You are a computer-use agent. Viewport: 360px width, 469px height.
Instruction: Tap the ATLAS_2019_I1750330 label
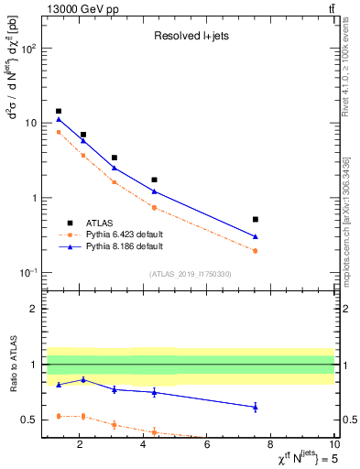tap(191, 274)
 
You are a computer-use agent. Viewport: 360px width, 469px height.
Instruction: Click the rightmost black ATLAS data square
tap(256, 219)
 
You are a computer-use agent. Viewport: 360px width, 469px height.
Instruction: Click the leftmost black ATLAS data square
tap(59, 111)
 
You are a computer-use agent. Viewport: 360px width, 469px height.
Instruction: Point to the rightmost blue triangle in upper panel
tap(256, 236)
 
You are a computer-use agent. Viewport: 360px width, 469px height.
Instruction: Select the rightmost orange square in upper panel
tap(256, 250)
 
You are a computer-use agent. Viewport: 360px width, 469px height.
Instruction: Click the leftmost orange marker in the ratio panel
tap(59, 416)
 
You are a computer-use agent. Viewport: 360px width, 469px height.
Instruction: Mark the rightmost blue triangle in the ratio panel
tap(256, 407)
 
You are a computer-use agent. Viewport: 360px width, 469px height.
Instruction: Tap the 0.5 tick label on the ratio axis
tap(28, 420)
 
